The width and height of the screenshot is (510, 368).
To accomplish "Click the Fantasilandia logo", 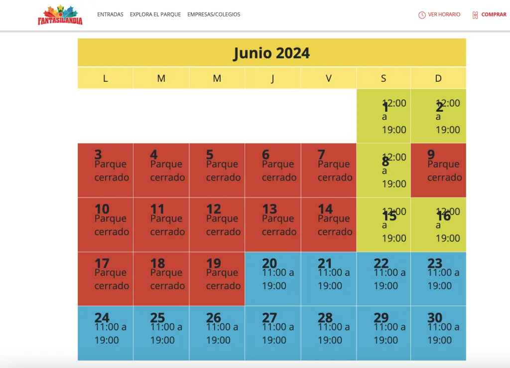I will click(60, 15).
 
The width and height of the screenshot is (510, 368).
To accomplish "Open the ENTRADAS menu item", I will click(110, 14).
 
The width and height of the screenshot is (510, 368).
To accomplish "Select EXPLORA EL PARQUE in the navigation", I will click(155, 14).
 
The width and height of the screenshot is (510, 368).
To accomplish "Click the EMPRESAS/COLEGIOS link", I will click(214, 14).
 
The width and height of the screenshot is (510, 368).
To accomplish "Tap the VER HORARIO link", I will click(444, 14).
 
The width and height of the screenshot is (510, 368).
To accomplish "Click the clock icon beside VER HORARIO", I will click(422, 15).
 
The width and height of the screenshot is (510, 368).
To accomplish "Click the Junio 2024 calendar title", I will click(271, 53).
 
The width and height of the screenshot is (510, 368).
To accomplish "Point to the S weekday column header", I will click(383, 78).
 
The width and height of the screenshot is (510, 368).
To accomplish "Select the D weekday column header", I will click(438, 78).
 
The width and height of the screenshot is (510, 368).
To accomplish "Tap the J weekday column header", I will click(272, 78).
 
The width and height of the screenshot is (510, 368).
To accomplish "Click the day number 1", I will click(385, 107).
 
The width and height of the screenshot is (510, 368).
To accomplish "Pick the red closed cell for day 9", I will click(438, 171).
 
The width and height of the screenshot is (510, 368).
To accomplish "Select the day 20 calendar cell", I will click(273, 279).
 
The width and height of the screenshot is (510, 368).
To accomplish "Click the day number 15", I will click(389, 216).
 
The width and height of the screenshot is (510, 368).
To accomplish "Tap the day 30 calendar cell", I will click(438, 333).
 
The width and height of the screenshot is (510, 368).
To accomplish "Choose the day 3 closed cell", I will click(106, 171).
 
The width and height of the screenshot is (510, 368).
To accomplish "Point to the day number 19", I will click(213, 263).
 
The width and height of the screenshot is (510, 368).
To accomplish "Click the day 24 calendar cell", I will click(106, 333).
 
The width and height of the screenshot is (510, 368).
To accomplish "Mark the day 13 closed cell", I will click(273, 224).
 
